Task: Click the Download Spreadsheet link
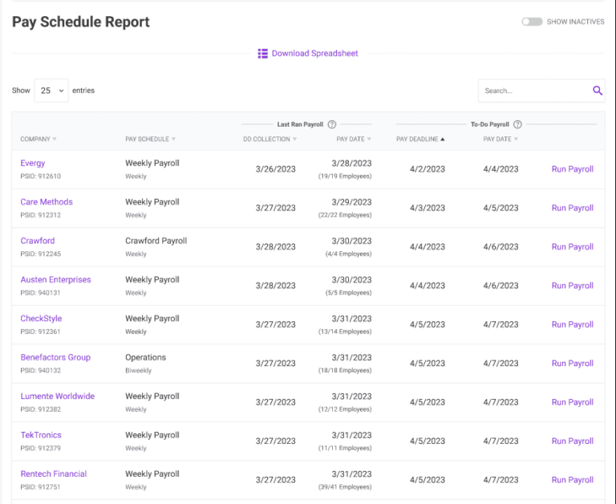[308, 54]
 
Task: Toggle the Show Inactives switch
[532, 22]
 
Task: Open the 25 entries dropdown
[51, 91]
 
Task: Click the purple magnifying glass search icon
[598, 91]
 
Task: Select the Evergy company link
[33, 163]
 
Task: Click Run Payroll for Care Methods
[572, 208]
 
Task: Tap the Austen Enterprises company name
[55, 279]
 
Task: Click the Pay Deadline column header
[419, 139]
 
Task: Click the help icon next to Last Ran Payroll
[332, 124]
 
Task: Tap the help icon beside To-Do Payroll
[517, 124]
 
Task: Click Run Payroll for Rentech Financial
[572, 480]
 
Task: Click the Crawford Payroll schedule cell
[156, 241]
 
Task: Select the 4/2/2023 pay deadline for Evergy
[427, 169]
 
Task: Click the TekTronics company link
[41, 435]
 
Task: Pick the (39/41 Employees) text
[345, 487]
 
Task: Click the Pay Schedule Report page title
[81, 22]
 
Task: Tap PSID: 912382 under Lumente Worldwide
[40, 409]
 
